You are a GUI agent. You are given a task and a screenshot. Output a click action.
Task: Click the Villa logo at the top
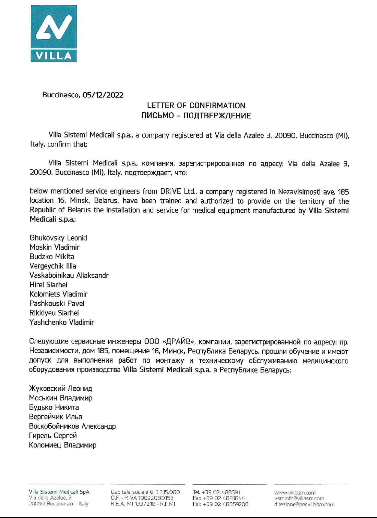point(54,33)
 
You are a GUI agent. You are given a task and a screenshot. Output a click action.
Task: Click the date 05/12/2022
point(103,95)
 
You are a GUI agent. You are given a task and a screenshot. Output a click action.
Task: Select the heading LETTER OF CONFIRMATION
point(196,105)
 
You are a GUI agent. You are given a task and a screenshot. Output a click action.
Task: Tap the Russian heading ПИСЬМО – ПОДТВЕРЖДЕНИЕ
point(196,116)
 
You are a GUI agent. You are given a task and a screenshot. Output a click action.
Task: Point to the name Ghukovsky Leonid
point(58,238)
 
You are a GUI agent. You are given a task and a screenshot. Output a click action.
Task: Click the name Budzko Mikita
point(52,256)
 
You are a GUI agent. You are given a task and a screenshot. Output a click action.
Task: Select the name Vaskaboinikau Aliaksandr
point(69,275)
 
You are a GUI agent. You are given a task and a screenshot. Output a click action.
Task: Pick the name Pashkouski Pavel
point(57,304)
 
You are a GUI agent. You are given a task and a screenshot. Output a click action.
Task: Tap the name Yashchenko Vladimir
point(62,322)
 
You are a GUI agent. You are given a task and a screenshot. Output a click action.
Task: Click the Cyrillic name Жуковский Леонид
point(60,389)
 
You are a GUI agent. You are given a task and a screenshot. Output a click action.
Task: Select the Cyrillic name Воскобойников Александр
point(72,426)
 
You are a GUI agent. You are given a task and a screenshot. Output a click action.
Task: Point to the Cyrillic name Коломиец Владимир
point(63,445)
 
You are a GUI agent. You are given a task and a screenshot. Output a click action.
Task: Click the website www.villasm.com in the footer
point(295,492)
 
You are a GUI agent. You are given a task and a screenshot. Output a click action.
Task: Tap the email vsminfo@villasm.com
point(299,498)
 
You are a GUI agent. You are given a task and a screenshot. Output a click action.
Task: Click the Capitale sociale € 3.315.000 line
point(145,492)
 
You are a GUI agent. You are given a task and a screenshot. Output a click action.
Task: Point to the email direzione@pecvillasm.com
point(304,504)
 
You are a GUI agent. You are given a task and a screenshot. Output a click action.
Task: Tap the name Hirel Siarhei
point(48,285)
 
